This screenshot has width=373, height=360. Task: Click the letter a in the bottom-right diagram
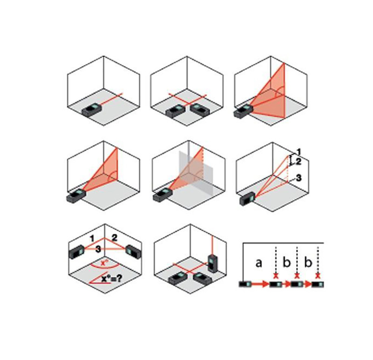pos(259,263)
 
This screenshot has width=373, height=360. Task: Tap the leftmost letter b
pos(287,262)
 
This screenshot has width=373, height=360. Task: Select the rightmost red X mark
pos(318,276)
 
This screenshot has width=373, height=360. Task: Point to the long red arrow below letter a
pos(260,284)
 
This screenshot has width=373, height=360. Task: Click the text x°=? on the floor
pos(111,278)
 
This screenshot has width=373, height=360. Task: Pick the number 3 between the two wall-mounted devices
pos(98,249)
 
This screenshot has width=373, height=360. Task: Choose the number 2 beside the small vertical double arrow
pos(298,162)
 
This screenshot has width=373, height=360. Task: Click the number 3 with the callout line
pos(298,178)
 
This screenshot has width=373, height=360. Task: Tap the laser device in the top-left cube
pos(92,109)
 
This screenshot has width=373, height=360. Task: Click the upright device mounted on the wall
pos(212,263)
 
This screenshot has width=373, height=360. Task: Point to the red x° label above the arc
pos(104,263)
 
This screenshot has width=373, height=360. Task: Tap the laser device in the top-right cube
pos(243,112)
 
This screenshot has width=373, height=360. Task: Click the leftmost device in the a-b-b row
pos(245,284)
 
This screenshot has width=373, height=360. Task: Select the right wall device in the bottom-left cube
pos(133,252)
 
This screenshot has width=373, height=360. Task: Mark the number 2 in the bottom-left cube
pos(115,238)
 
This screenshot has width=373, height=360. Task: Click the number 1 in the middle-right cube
pos(299,152)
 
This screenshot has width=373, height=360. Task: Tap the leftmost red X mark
pos(276,276)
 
